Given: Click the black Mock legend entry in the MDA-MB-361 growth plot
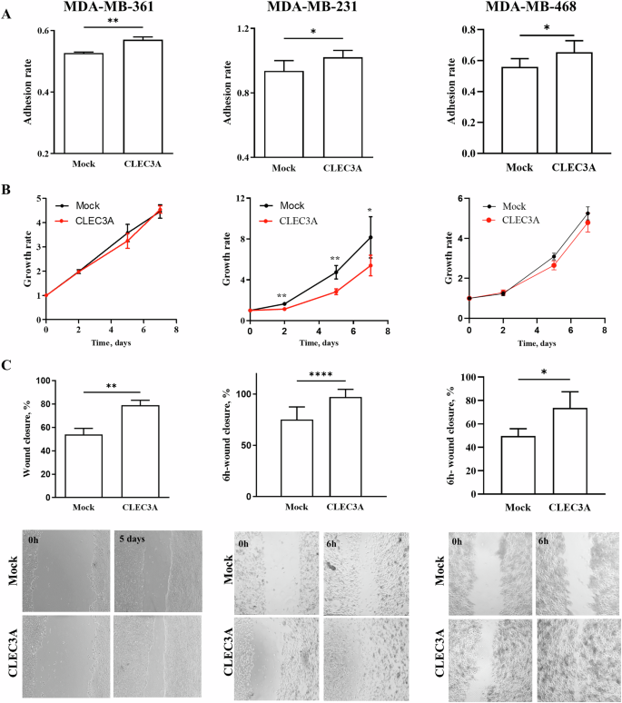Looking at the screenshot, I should pyautogui.click(x=81, y=206).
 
